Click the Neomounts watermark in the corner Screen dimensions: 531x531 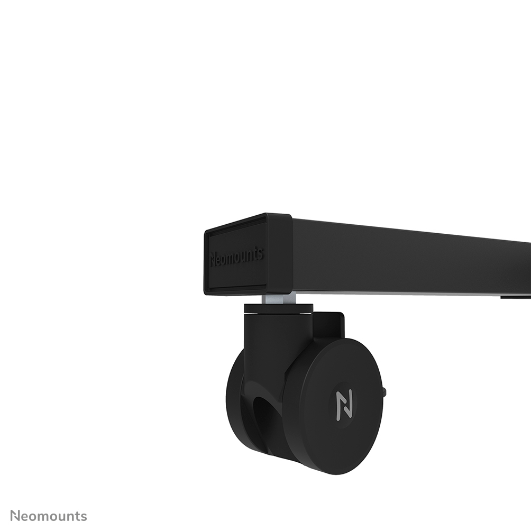pyautogui.click(x=49, y=516)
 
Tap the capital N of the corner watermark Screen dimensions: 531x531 pyautogui.click(x=15, y=516)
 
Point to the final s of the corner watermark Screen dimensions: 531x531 pyautogui.click(x=84, y=517)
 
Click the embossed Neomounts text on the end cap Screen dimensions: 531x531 pyautogui.click(x=236, y=257)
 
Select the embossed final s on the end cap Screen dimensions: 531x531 pyautogui.click(x=260, y=254)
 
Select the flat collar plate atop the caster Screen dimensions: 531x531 pyautogui.click(x=278, y=308)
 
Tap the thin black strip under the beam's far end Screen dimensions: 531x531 pyautogui.click(x=516, y=297)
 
